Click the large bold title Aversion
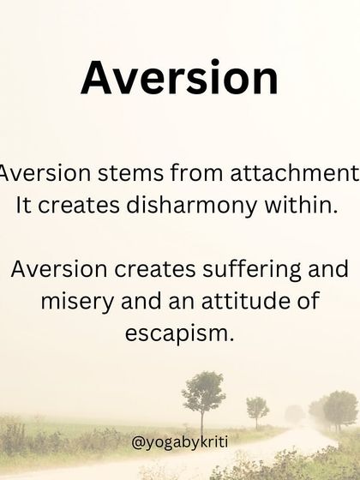click(179, 78)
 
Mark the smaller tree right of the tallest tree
click(257, 407)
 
